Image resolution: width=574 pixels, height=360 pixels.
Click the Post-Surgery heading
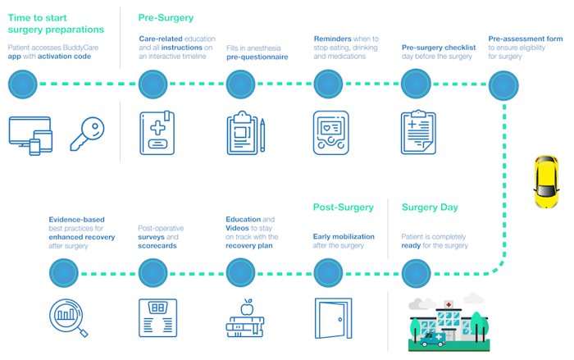click(343, 207)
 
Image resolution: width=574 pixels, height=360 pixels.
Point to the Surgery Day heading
click(430, 207)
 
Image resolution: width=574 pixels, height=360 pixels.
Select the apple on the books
click(245, 307)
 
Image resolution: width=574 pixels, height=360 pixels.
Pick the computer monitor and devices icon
click(30, 134)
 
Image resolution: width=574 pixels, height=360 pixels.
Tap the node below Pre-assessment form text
click(503, 84)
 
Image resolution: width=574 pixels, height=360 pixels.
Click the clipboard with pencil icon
click(245, 134)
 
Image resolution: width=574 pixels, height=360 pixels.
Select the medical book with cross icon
click(157, 134)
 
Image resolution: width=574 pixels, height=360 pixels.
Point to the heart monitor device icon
click(331, 134)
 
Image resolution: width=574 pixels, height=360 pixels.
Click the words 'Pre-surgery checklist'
click(439, 48)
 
